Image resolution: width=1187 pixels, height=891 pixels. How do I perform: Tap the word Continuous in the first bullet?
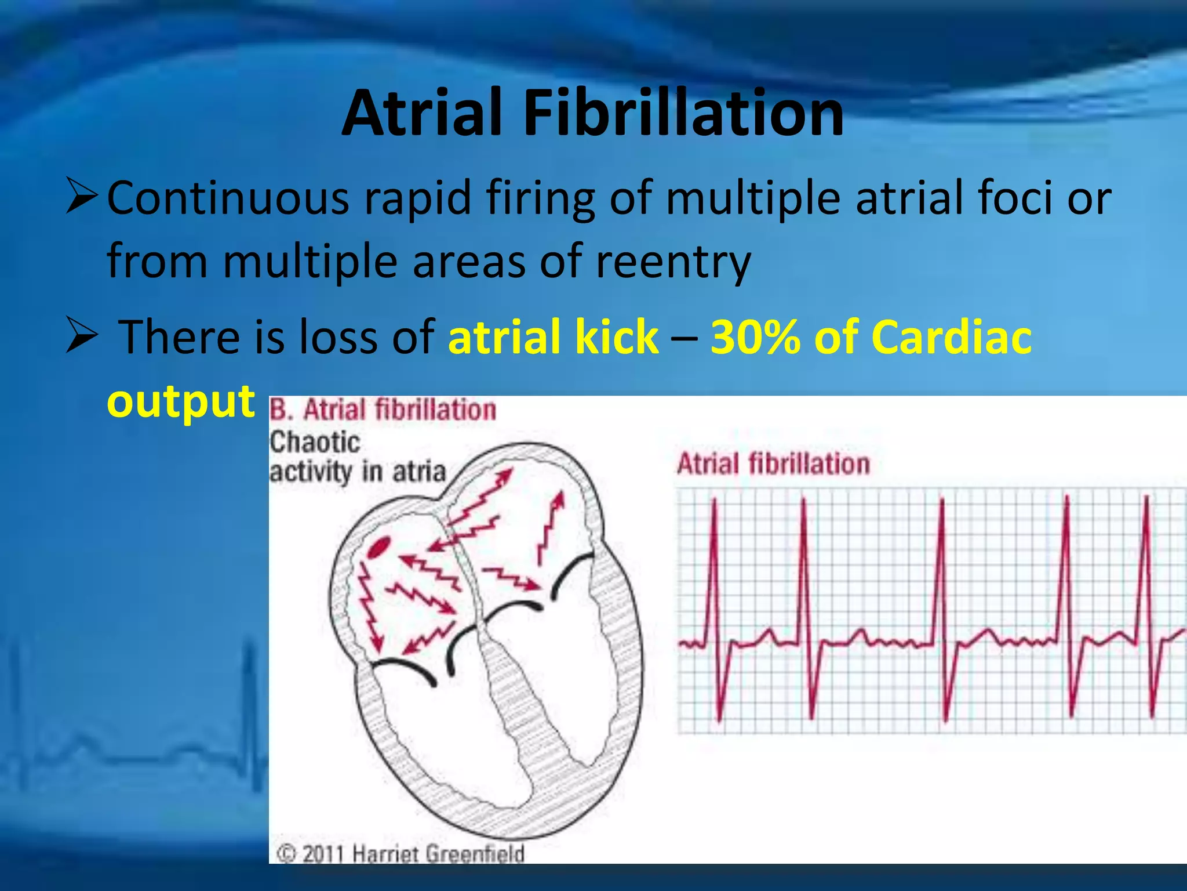pos(228,198)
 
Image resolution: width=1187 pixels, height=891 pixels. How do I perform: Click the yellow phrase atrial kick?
pos(554,337)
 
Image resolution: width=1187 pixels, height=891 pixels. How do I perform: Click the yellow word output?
pos(181,401)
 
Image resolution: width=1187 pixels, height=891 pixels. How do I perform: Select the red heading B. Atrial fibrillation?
pos(383,410)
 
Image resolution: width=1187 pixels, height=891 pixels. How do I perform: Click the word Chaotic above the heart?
pos(315,443)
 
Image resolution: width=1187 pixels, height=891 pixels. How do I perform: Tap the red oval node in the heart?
pos(380,546)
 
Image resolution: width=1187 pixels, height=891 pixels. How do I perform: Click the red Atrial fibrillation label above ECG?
pos(774,465)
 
